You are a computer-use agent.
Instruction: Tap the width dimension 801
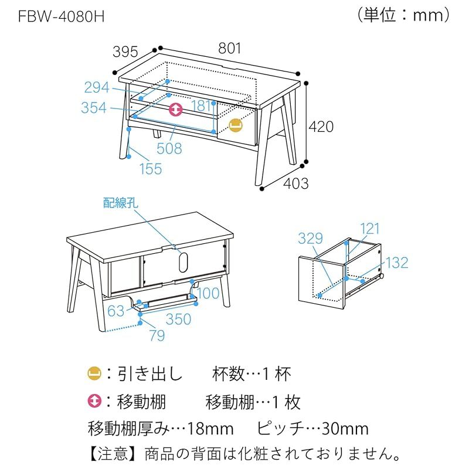click(230, 49)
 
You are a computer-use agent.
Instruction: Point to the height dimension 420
click(321, 126)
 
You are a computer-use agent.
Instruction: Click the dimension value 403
click(296, 183)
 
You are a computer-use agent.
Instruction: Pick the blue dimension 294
click(96, 87)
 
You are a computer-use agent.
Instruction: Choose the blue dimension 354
click(94, 108)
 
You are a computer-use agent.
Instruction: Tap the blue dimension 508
click(169, 149)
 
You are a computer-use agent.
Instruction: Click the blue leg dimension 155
click(150, 169)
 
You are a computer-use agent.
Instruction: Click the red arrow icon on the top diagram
click(176, 110)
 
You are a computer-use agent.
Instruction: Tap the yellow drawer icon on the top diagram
click(235, 125)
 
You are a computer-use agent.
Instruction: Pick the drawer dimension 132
click(397, 263)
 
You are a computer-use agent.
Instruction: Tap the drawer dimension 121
click(370, 229)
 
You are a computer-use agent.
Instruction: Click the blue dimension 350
click(178, 318)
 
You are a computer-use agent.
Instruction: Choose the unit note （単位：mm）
click(403, 15)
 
